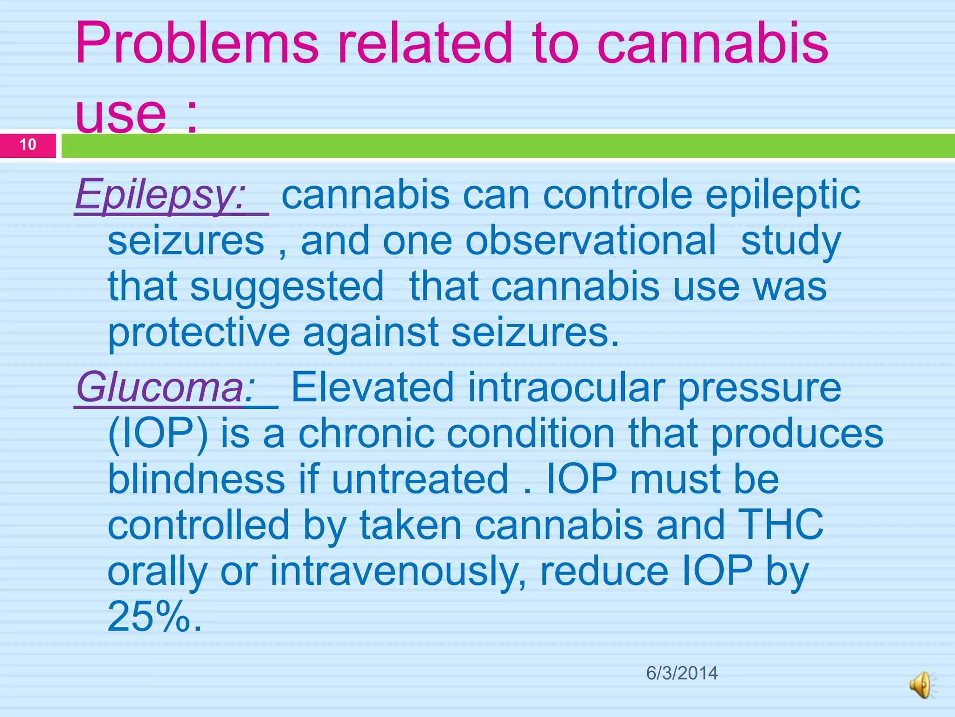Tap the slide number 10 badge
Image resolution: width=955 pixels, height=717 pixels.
click(28, 145)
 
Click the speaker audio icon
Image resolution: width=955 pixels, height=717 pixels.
click(921, 685)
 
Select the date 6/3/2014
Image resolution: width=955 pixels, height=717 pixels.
click(682, 673)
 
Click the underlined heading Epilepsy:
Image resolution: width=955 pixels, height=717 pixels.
click(161, 195)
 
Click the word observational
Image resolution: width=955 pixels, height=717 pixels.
click(590, 241)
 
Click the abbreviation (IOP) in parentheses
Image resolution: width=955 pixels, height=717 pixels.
click(158, 434)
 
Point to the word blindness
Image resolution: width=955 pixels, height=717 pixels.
click(196, 479)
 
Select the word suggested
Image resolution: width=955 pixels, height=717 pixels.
click(287, 287)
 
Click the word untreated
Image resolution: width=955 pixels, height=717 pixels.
click(420, 479)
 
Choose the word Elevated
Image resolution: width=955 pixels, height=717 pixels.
click(373, 387)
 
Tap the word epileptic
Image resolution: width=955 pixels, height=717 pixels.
click(782, 195)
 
